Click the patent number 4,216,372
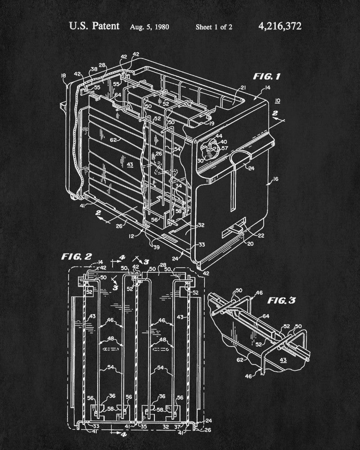tap(280, 27)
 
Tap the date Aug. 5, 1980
tap(149, 27)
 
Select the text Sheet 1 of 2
tap(214, 27)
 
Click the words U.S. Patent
tap(94, 26)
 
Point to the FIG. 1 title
tap(266, 76)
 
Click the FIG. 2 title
tap(76, 256)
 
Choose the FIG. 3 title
tap(281, 301)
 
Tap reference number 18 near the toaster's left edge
tap(63, 76)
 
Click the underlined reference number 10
tap(277, 101)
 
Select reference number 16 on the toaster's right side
tap(275, 179)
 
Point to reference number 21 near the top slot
tap(243, 88)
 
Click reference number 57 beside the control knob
tap(225, 148)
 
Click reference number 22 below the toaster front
tap(261, 236)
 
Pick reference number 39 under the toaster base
tap(157, 247)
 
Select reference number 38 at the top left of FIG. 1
tap(94, 69)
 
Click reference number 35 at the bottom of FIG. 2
tap(144, 427)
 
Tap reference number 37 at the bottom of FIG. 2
tap(177, 427)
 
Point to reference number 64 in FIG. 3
tap(266, 316)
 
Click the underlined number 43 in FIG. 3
tap(283, 360)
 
